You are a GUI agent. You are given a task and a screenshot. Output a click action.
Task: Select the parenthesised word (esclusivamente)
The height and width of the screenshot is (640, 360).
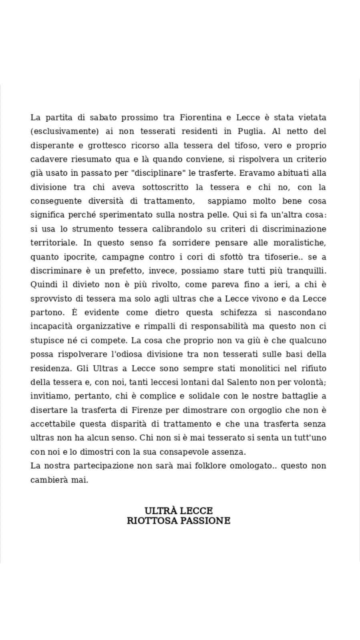[x=64, y=131]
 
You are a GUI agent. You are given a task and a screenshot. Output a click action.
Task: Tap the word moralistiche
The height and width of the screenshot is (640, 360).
[x=300, y=243]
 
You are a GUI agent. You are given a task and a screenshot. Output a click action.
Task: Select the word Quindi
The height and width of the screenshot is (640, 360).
[x=44, y=285]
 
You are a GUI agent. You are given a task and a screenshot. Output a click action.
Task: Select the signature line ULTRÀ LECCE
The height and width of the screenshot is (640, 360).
[x=179, y=510]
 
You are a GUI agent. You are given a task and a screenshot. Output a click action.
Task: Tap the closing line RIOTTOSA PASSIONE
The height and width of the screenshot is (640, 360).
[x=179, y=521]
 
